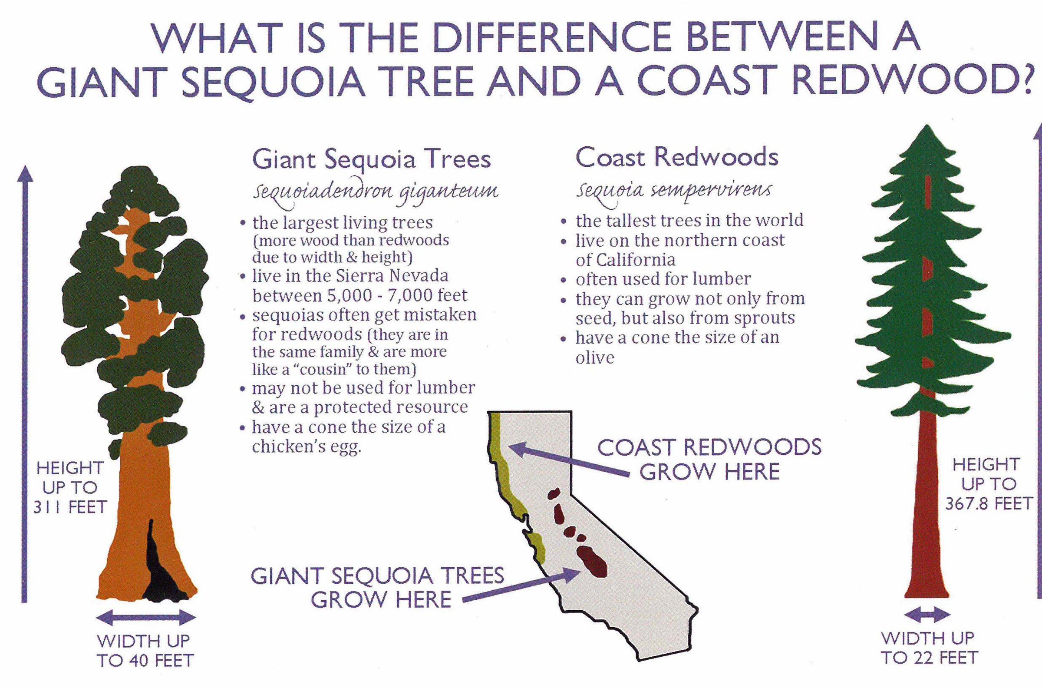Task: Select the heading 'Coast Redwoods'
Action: pyautogui.click(x=677, y=158)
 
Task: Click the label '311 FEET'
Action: pyautogui.click(x=70, y=508)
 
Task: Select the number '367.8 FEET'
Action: pyautogui.click(x=989, y=504)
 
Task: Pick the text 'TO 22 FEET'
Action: pyautogui.click(x=929, y=658)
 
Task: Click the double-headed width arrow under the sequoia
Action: pyautogui.click(x=145, y=619)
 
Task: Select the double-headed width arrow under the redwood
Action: pyautogui.click(x=927, y=615)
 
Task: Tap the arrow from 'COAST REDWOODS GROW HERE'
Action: pyautogui.click(x=570, y=461)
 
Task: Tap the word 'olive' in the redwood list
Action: pyautogui.click(x=595, y=357)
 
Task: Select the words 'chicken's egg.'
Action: pyautogui.click(x=307, y=447)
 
